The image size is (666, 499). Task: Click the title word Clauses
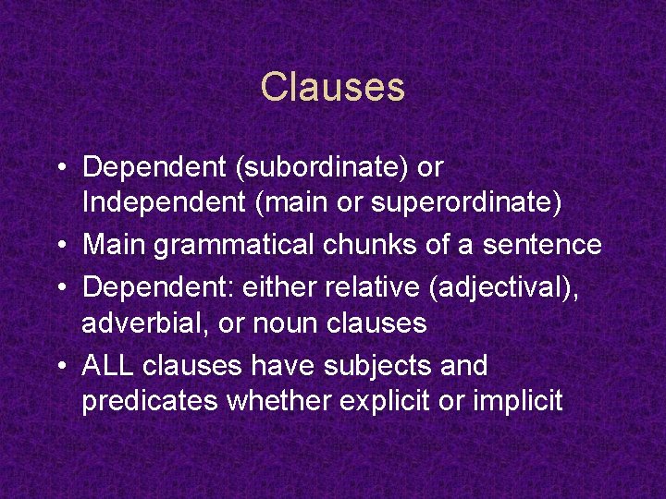[x=333, y=88]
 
